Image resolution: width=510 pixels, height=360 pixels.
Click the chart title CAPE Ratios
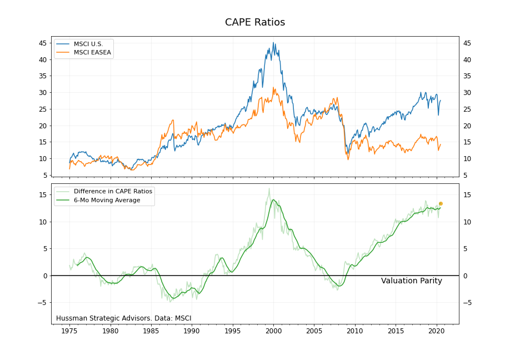pyautogui.click(x=255, y=22)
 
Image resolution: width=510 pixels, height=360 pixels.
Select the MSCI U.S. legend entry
pyautogui.click(x=88, y=44)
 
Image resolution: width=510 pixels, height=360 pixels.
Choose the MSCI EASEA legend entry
pyautogui.click(x=92, y=53)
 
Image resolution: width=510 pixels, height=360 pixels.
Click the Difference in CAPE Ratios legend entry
pyautogui.click(x=113, y=191)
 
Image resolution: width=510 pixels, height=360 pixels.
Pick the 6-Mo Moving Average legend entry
pyautogui.click(x=107, y=200)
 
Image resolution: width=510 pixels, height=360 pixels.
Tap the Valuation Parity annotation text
pyautogui.click(x=411, y=281)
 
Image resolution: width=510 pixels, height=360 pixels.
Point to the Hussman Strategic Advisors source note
pyautogui.click(x=123, y=318)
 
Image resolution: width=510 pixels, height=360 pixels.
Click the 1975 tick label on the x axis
pyautogui.click(x=69, y=332)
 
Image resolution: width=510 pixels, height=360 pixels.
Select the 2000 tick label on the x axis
pyautogui.click(x=273, y=332)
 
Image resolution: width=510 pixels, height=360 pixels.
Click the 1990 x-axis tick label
pyautogui.click(x=192, y=332)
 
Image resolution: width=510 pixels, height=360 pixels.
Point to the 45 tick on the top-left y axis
pyautogui.click(x=42, y=43)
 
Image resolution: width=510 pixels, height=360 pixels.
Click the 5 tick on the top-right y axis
pyautogui.click(x=466, y=176)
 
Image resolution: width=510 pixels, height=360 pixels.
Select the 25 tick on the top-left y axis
pyautogui.click(x=42, y=109)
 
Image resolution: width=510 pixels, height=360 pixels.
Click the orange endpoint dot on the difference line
pyautogui.click(x=441, y=204)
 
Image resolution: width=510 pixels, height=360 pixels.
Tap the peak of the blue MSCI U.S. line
pyautogui.click(x=273, y=43)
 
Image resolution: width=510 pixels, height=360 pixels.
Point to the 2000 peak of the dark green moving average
pyautogui.click(x=273, y=200)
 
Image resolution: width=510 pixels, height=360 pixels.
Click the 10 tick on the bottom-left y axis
pyautogui.click(x=42, y=222)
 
